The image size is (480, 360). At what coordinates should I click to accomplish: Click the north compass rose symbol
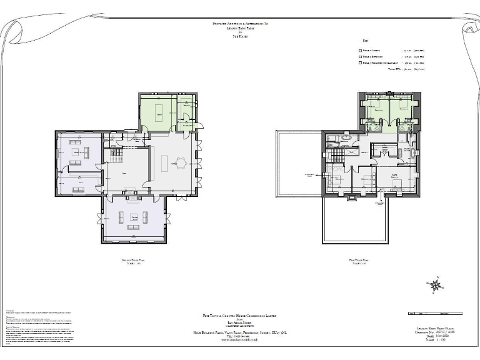coord(436,285)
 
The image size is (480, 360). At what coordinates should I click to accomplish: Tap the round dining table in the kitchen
coord(181,164)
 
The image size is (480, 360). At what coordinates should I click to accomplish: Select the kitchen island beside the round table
coord(165,164)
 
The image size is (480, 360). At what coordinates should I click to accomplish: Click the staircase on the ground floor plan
coord(116,152)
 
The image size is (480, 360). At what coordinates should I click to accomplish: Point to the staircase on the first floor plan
coord(337,155)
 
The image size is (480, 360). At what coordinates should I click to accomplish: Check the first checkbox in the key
coord(360,51)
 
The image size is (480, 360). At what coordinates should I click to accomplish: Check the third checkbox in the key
coord(360,62)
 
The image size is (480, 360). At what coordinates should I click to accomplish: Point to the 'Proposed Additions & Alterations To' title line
coord(240,23)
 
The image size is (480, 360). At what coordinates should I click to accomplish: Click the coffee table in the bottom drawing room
coord(133,217)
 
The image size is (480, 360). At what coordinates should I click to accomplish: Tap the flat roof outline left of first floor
coord(297,164)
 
